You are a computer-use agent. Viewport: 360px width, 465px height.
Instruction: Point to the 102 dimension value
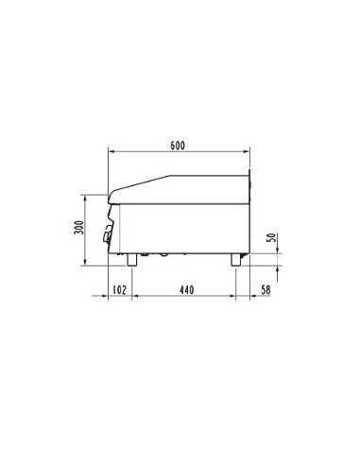(119, 289)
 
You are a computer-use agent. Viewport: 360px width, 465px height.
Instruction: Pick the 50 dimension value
(272, 239)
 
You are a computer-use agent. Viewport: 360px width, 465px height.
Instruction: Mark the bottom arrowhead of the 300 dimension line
(88, 264)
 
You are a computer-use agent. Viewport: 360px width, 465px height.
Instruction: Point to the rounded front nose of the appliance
(112, 197)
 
